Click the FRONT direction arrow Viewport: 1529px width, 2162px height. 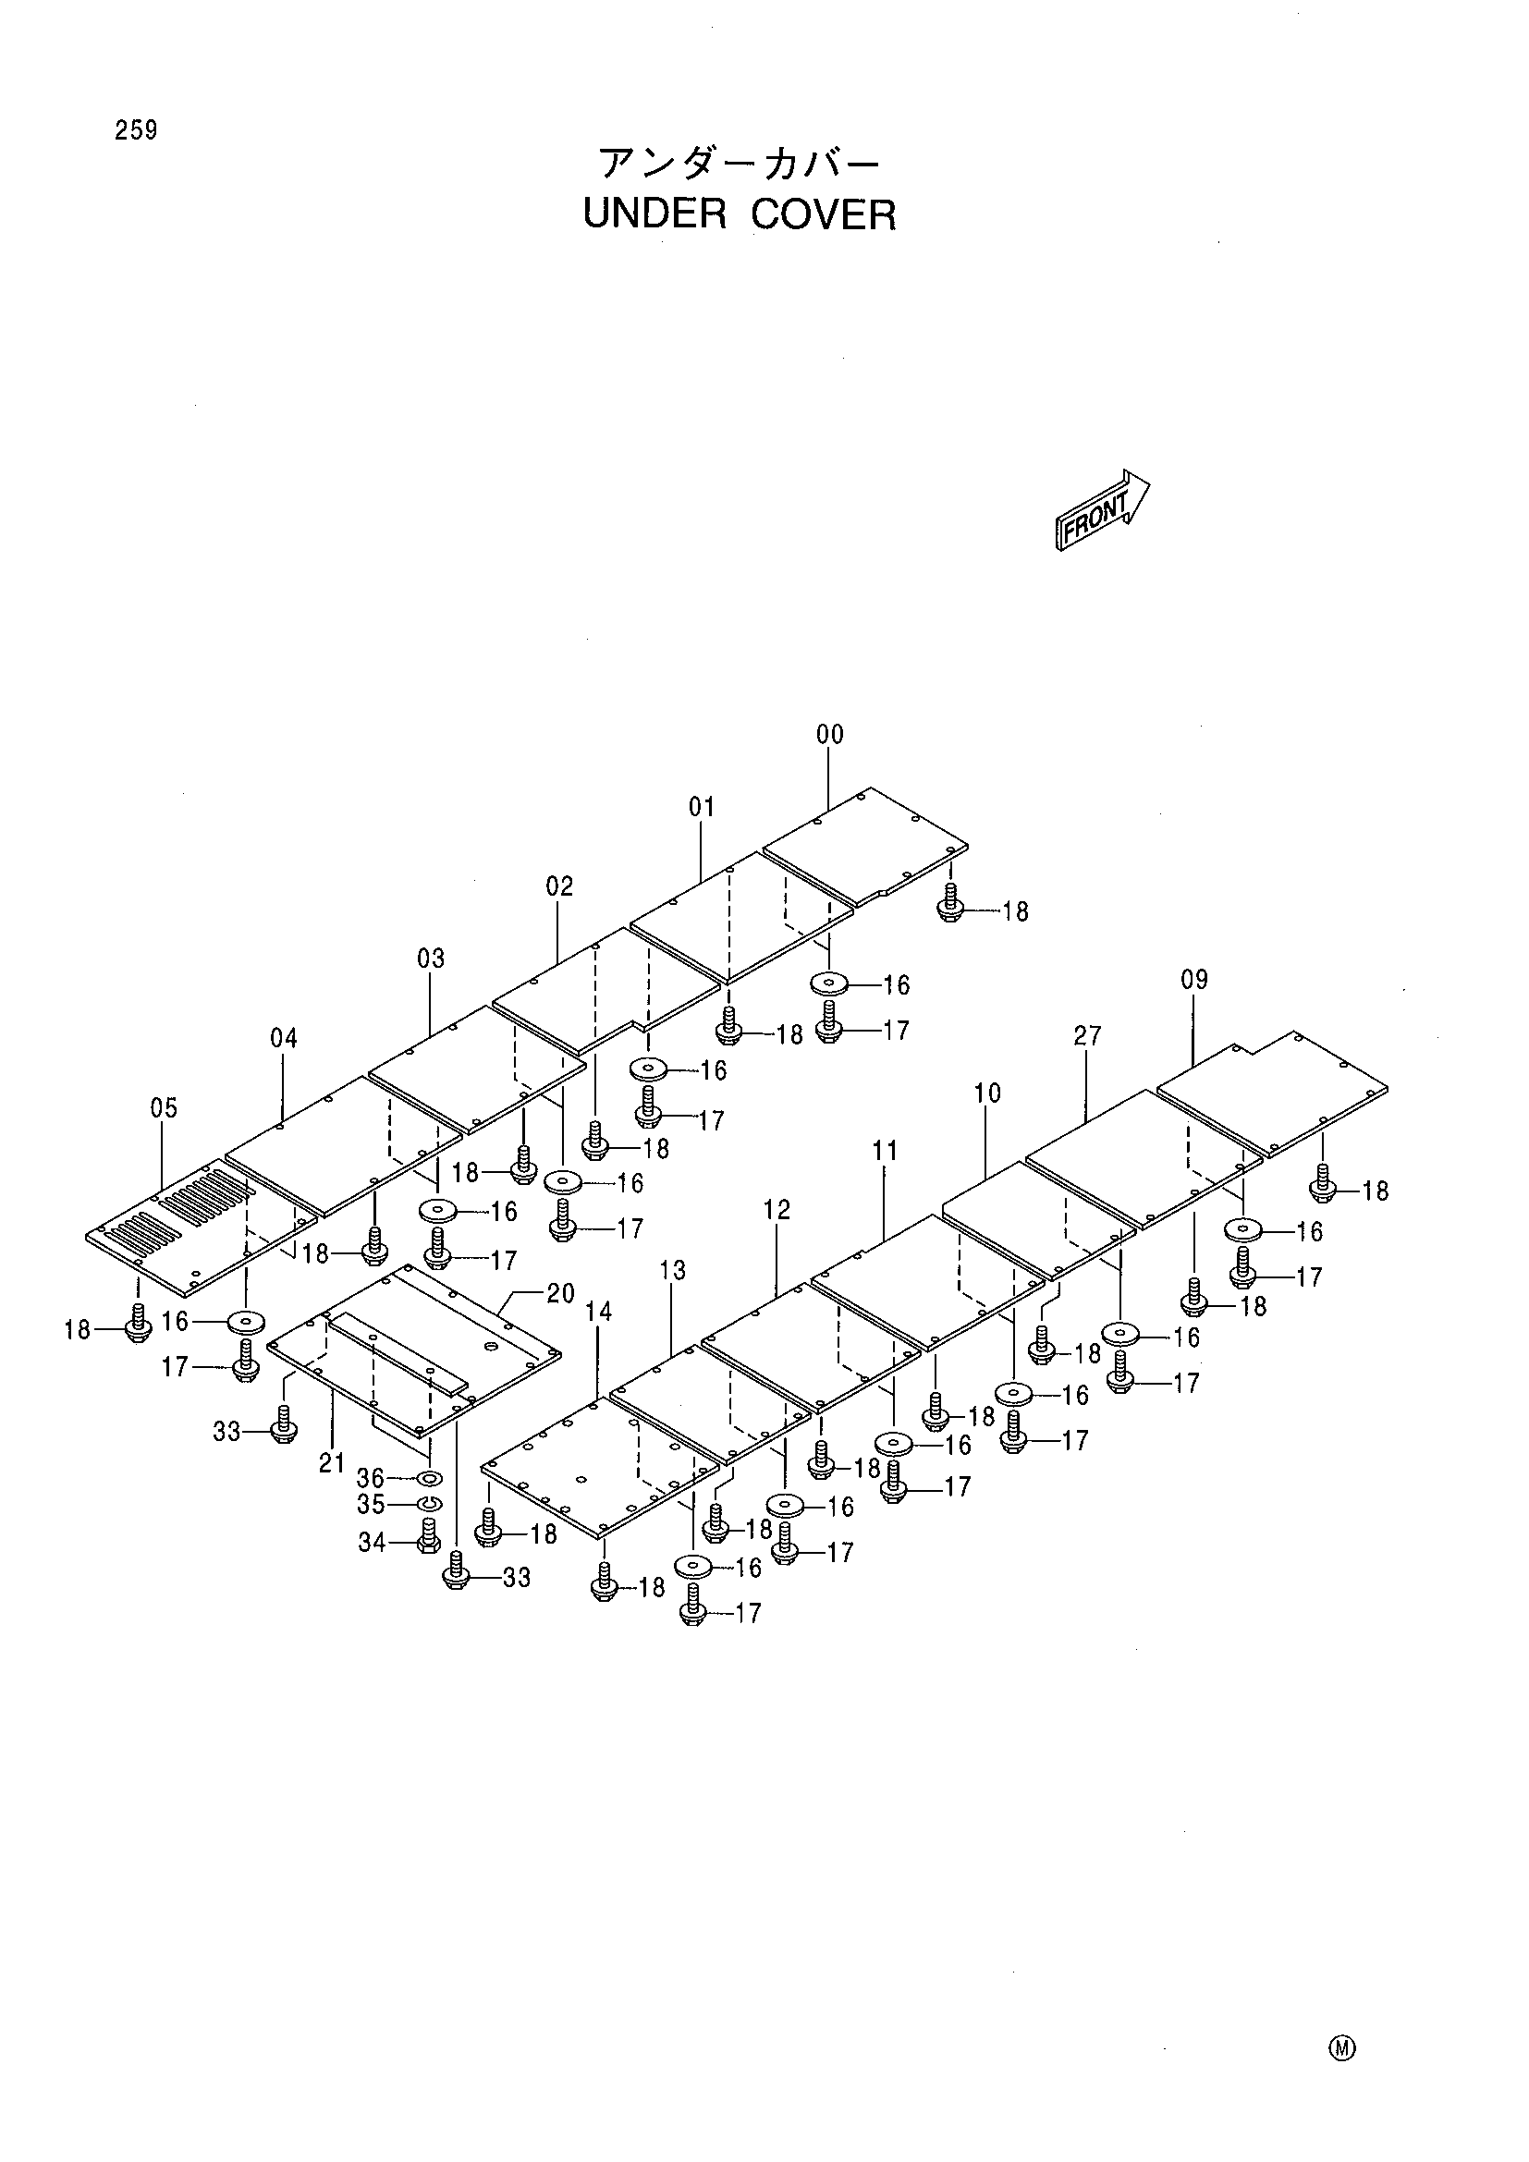[x=1102, y=509]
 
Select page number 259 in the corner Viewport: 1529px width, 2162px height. [x=137, y=130]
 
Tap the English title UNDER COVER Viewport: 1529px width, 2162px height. [x=740, y=214]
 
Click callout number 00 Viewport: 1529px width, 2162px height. [x=829, y=735]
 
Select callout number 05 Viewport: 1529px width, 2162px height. [x=164, y=1108]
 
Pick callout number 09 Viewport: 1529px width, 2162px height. [x=1193, y=979]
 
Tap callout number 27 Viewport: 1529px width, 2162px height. [x=1087, y=1036]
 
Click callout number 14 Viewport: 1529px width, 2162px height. [x=598, y=1312]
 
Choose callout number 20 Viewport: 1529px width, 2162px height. [x=560, y=1294]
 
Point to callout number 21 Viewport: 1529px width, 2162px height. [x=332, y=1463]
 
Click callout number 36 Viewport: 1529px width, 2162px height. [x=370, y=1478]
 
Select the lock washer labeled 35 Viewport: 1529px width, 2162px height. [x=430, y=1503]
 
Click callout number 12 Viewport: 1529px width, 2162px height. [x=777, y=1210]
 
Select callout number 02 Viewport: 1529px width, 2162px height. [x=559, y=886]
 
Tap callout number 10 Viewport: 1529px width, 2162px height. [x=986, y=1093]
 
